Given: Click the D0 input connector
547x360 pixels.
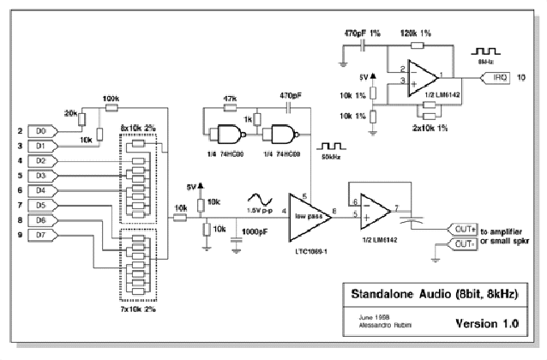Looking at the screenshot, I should click(45, 131).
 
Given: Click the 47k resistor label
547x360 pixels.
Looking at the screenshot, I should click(230, 99).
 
